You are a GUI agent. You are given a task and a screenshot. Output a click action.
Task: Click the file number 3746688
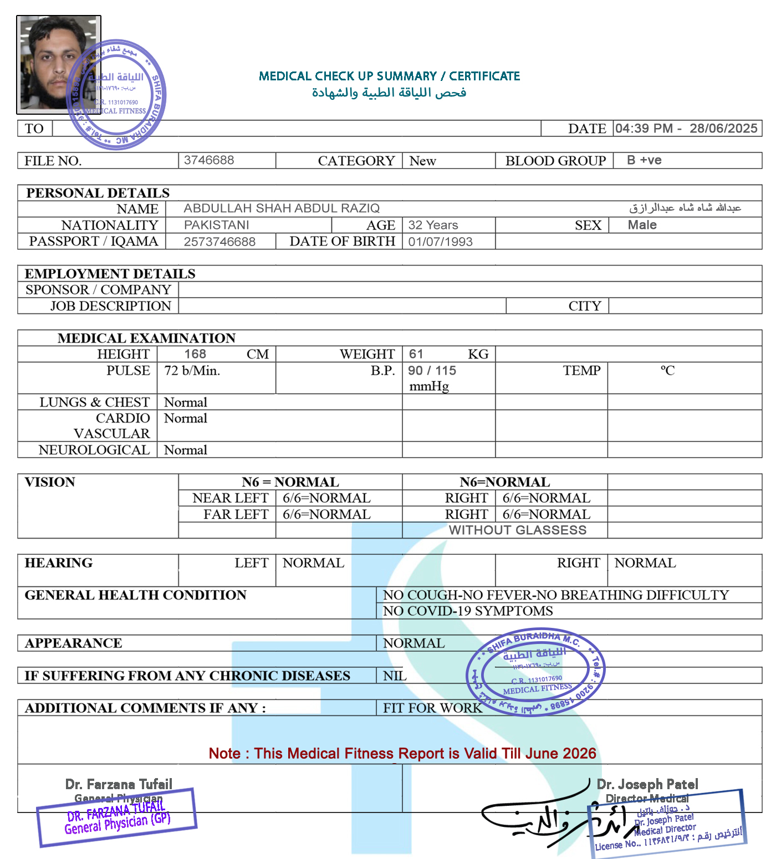coord(209,160)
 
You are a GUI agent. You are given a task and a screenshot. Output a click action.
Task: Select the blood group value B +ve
coord(644,160)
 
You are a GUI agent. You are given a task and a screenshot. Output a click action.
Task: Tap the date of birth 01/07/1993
coord(441,242)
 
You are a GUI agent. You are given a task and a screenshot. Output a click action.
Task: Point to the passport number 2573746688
coord(219,242)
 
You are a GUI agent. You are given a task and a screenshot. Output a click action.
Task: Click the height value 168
coord(195,354)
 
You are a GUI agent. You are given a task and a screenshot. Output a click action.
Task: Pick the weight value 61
coord(416,354)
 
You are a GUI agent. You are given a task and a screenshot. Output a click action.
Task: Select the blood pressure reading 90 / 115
coord(432,371)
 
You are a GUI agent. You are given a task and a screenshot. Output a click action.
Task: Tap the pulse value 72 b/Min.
coord(192,371)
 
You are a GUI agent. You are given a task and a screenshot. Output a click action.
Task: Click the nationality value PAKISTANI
coord(217,225)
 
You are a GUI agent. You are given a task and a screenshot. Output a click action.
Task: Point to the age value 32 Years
coord(433,225)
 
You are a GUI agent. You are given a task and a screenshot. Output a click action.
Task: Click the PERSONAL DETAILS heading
coord(98,193)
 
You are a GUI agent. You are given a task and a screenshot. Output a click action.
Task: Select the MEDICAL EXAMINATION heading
coord(146,338)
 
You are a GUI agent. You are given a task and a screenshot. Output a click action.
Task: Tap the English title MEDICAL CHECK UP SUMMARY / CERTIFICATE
coord(389,76)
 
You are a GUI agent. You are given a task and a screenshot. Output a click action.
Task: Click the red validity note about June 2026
coord(402,754)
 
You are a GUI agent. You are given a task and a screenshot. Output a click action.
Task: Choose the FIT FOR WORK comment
coord(432,708)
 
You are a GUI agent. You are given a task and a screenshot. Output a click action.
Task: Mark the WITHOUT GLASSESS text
coord(517,530)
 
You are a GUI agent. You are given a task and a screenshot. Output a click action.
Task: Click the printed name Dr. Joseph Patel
coord(647,784)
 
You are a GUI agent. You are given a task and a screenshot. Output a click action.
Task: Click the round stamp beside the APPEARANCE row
coord(535,672)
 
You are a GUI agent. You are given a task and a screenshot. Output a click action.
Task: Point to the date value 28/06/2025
coord(723,129)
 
